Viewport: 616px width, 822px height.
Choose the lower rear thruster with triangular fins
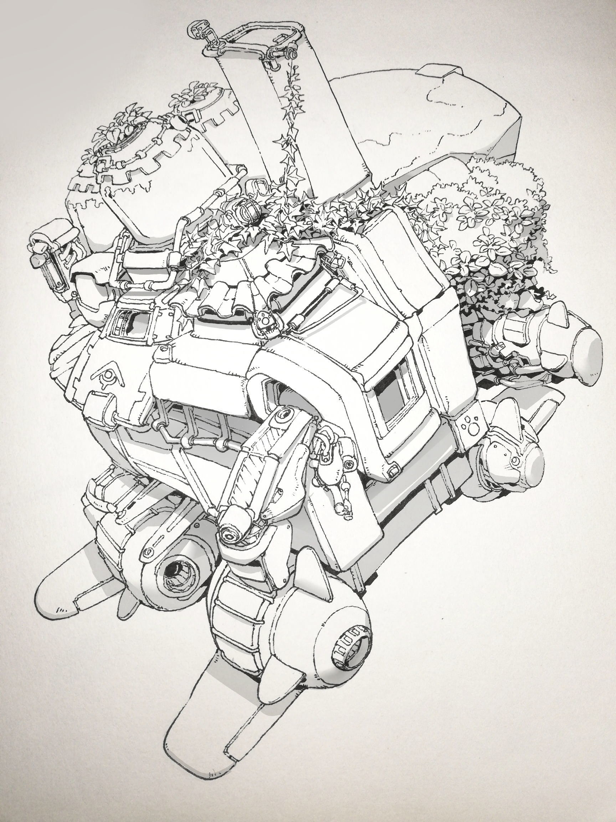coord(520,461)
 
